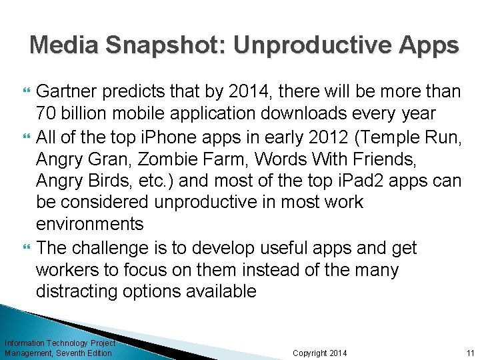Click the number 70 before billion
pos(47,112)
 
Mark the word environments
pos(89,224)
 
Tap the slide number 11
pos(470,353)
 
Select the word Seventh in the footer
pos(71,353)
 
